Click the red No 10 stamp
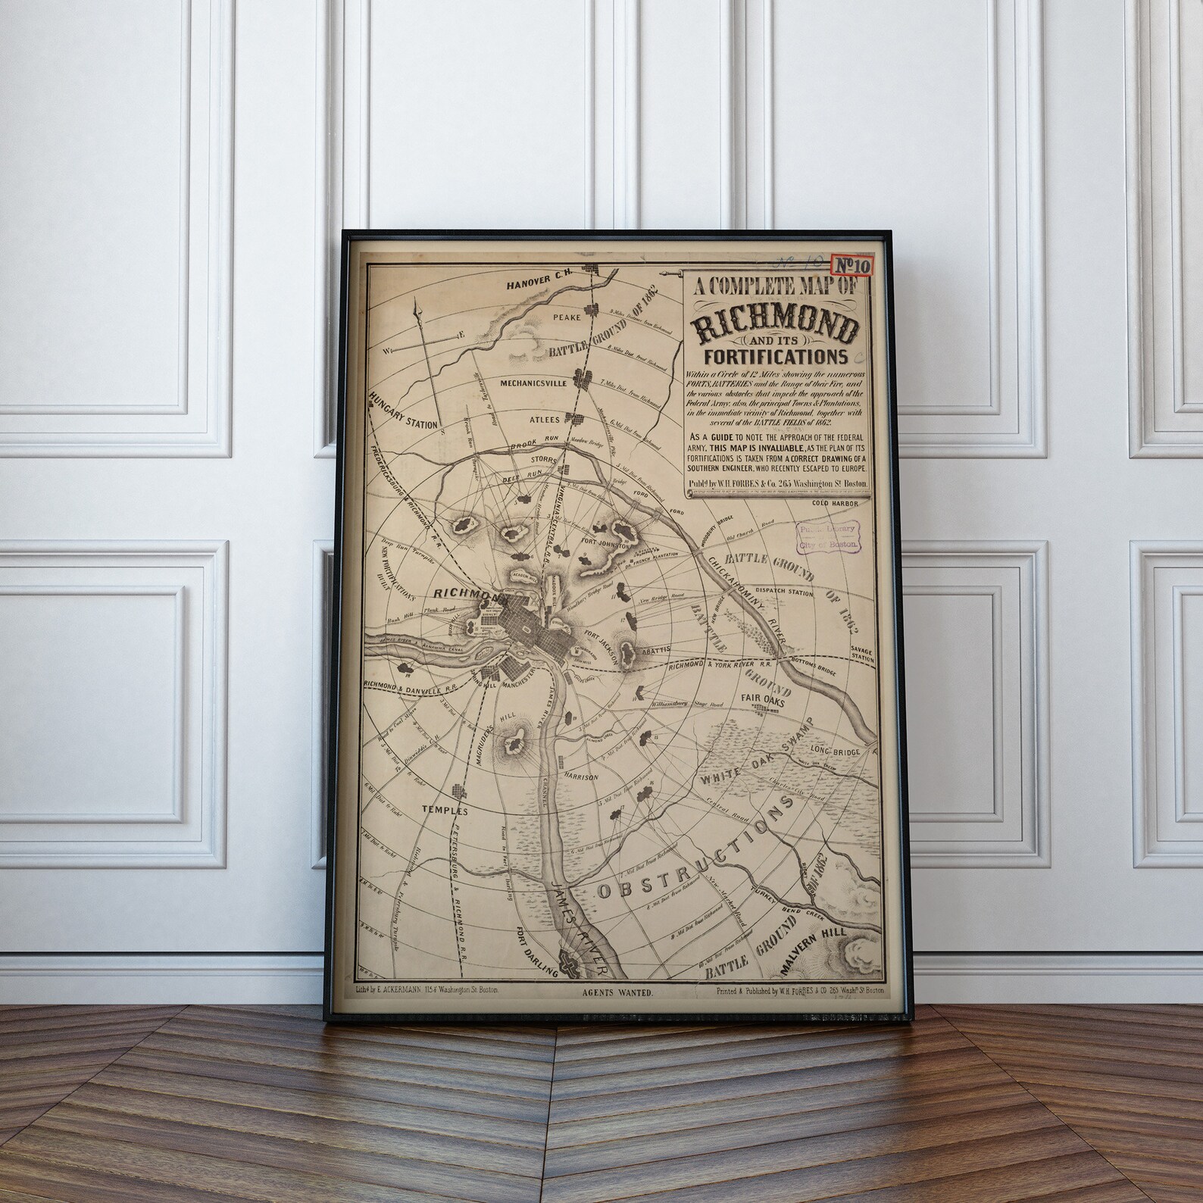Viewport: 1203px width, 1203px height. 852,265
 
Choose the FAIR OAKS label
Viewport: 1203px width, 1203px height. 765,701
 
